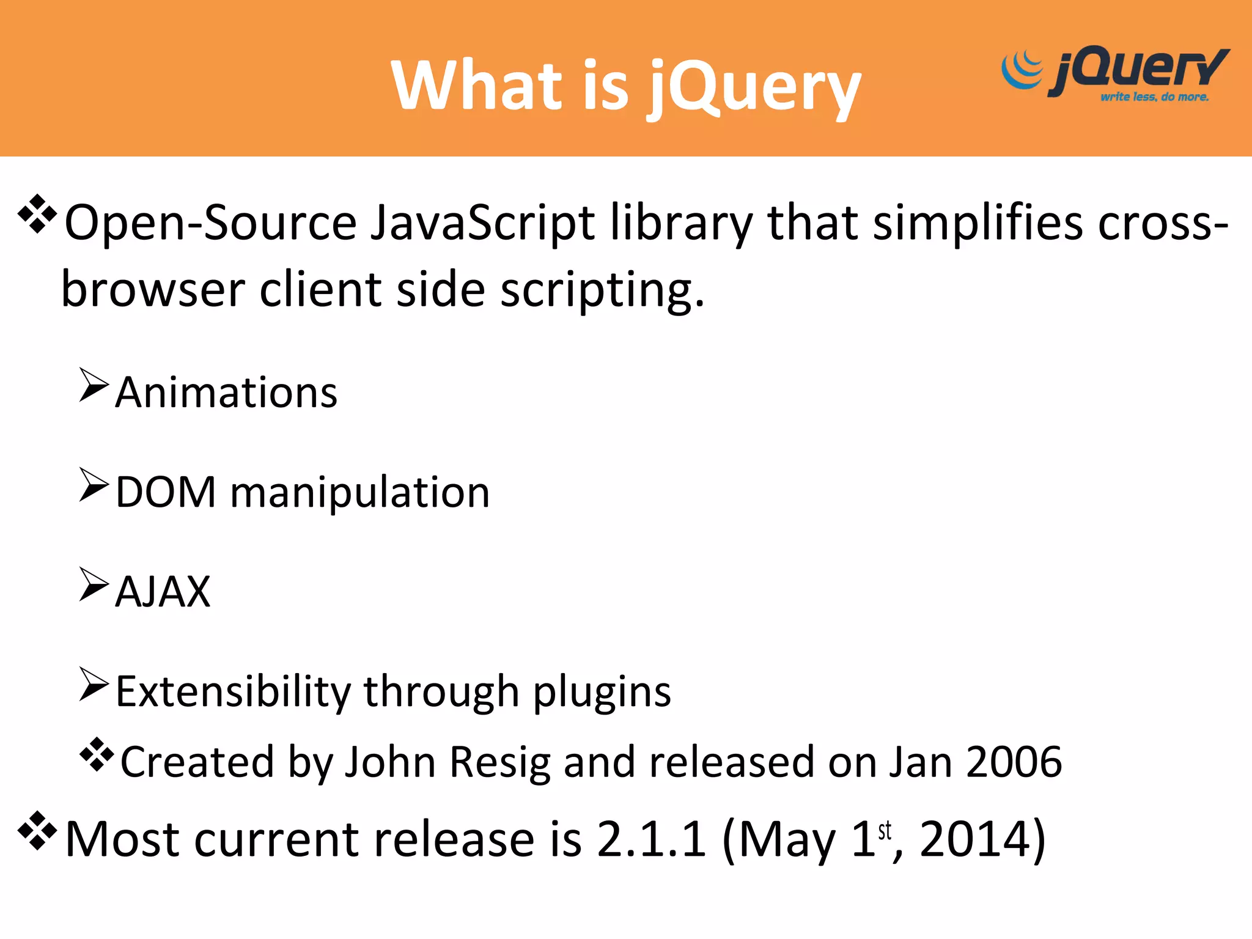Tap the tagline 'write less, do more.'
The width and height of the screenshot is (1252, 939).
click(1154, 97)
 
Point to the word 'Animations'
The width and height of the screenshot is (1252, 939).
click(226, 392)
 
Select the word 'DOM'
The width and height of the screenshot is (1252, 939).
click(166, 492)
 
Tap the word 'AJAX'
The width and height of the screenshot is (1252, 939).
click(163, 592)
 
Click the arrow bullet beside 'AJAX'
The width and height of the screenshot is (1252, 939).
click(94, 584)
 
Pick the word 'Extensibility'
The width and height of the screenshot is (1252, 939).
click(233, 692)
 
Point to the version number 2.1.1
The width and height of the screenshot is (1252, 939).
click(651, 839)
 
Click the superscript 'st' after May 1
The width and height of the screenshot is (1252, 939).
click(885, 831)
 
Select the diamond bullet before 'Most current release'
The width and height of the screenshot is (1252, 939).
click(37, 830)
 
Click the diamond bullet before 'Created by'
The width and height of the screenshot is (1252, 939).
click(97, 755)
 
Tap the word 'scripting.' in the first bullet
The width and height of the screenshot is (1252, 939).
click(602, 290)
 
